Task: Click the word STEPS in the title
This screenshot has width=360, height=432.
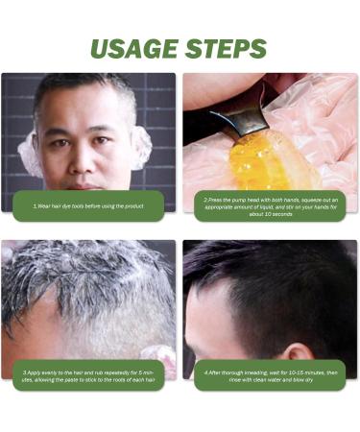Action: pyautogui.click(x=226, y=49)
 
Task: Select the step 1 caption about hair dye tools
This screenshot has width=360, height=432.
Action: pyautogui.click(x=88, y=205)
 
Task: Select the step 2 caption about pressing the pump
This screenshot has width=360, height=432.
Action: pyautogui.click(x=270, y=205)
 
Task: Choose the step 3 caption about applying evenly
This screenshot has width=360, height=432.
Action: pyautogui.click(x=88, y=374)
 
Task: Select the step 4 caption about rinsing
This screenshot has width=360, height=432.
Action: pyautogui.click(x=270, y=374)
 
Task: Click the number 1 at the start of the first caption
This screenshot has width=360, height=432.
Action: pyautogui.click(x=34, y=205)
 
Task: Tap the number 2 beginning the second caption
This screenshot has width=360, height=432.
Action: pyautogui.click(x=205, y=200)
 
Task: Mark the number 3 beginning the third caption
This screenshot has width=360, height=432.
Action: pyautogui.click(x=25, y=371)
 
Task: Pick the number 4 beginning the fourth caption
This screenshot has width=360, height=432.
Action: pyautogui.click(x=205, y=371)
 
